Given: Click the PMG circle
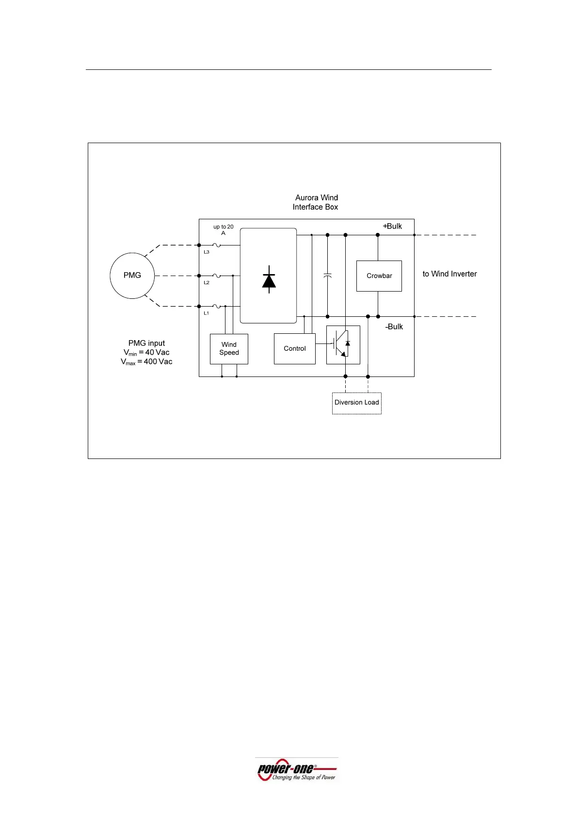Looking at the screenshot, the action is point(132,275).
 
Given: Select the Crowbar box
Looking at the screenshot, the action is point(379,276).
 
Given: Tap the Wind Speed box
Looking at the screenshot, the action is point(229,349).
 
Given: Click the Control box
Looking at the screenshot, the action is point(294,348).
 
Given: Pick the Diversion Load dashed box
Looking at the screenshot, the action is point(356,403).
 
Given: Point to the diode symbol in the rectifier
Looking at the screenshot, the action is point(269,280).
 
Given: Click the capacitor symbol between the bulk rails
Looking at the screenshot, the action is point(327,276).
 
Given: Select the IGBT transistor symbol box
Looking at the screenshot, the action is point(343,344).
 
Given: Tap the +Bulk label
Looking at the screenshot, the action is point(392,226).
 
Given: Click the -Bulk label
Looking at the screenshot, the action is point(394,327).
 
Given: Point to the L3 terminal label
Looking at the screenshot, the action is point(207,252).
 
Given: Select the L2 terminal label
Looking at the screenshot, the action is point(207,283).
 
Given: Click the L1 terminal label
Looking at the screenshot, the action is point(207,313).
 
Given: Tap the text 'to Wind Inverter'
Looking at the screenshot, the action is point(449,274).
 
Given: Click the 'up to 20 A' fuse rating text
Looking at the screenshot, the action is point(224,229).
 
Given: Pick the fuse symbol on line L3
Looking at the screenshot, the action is point(217,245).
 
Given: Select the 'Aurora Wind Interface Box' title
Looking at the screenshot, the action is point(316,202).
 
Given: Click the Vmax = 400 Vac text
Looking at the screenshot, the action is point(146,362).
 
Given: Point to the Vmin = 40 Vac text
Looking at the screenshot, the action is point(146,353).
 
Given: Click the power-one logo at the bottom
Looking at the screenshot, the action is point(297,770).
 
